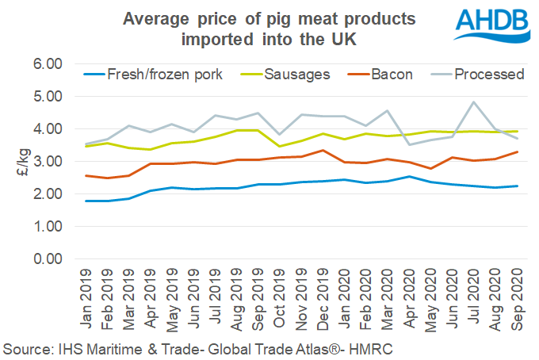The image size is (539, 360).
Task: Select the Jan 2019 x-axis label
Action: (x=89, y=301)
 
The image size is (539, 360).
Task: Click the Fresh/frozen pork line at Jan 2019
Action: (x=87, y=201)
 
